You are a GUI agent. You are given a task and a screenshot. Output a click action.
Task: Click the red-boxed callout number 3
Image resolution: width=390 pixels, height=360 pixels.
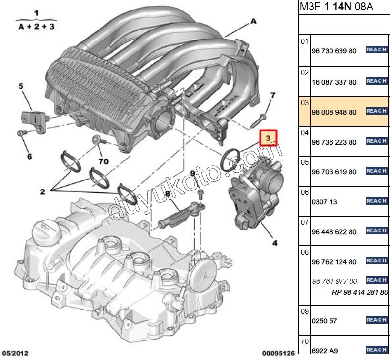point(268,138)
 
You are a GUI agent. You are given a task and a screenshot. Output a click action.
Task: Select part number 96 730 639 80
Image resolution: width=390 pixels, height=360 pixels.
point(333,51)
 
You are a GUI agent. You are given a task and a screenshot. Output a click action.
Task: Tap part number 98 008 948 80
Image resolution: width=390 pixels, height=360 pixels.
point(333,112)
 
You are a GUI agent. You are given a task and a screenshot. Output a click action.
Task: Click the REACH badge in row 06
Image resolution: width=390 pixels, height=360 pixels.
point(376,201)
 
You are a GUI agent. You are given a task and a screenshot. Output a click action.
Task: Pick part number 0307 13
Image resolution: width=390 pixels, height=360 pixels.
point(324,202)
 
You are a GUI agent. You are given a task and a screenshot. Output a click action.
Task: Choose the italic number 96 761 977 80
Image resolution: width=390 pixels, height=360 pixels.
point(334,281)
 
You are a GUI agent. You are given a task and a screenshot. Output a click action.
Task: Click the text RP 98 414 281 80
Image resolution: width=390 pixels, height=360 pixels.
point(360,292)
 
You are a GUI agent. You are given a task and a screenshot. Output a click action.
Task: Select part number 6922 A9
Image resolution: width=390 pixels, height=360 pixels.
point(325,351)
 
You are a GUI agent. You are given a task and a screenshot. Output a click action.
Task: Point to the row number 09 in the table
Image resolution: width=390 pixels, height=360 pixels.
point(305,311)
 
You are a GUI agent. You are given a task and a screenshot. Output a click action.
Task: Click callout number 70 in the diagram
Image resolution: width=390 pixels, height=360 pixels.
point(103,161)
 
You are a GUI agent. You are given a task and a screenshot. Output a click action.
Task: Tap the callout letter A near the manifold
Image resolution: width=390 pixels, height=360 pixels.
point(253,21)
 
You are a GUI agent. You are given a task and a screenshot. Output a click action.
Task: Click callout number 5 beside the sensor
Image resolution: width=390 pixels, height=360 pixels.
point(21,86)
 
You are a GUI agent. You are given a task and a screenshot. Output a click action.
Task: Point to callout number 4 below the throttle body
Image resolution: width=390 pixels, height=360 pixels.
point(275,243)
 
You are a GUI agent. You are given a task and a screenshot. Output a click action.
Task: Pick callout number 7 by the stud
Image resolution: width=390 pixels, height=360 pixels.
point(272,96)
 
